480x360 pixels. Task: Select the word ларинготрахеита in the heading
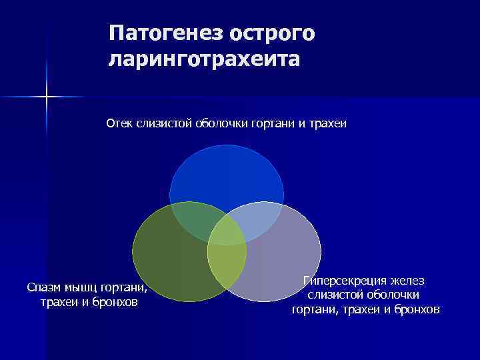tap(204, 59)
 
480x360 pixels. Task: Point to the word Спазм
tap(43, 287)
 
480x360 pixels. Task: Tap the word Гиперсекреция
tap(344, 281)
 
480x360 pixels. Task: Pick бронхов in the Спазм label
tap(117, 303)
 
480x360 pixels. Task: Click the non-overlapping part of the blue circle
tap(227, 173)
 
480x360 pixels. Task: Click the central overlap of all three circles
tap(227, 231)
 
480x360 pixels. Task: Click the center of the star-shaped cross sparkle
tap(47, 97)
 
